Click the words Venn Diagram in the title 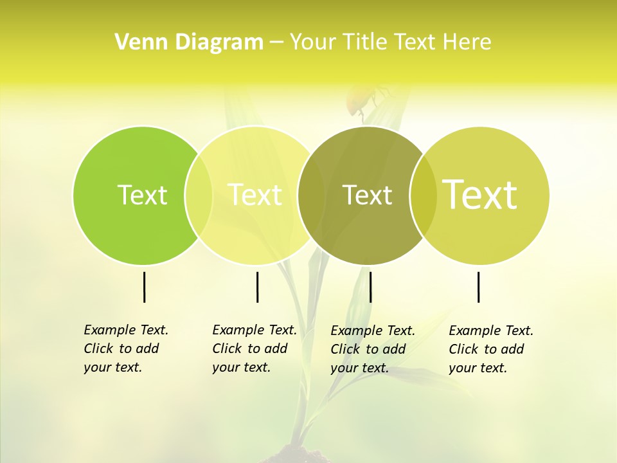tap(189, 42)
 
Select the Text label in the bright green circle tap(142, 195)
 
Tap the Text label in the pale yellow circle tap(255, 195)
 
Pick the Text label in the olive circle tap(367, 195)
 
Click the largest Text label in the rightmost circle tap(480, 194)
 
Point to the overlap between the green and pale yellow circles tap(199, 195)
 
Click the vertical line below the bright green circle tap(144, 287)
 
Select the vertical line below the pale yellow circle tap(257, 287)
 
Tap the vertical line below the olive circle tap(370, 287)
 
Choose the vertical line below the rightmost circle tap(478, 287)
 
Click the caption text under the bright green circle tap(125, 349)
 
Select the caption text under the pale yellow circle tap(254, 349)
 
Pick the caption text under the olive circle tap(372, 349)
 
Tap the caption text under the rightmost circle tap(490, 349)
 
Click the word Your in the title tap(313, 42)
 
